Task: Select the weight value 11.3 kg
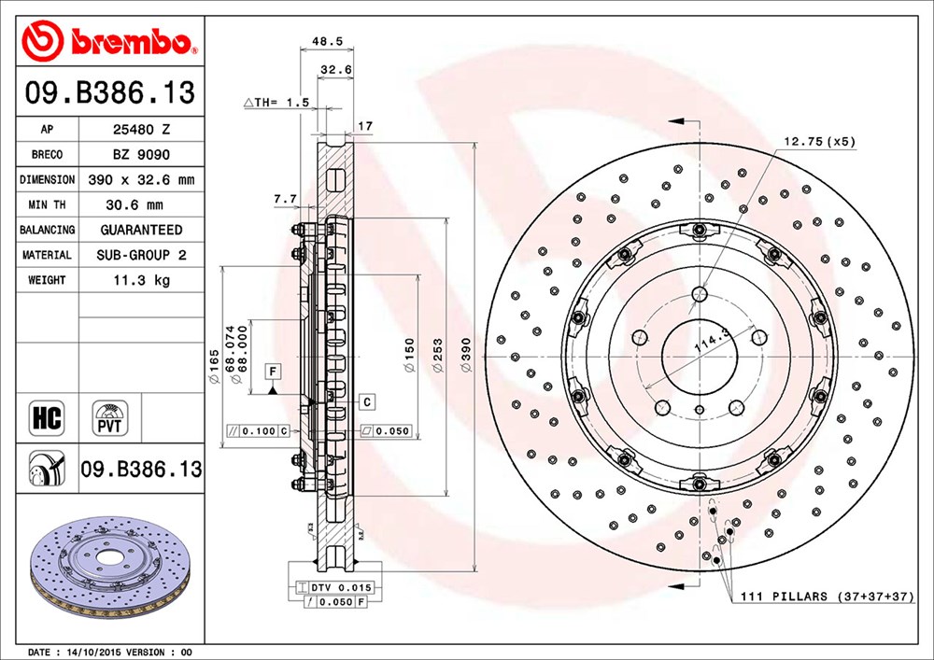pos(142,280)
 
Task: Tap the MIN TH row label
pos(47,204)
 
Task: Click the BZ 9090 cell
pos(142,155)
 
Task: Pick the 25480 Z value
pos(142,129)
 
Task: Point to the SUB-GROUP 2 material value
pos(142,255)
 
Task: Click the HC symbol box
pos(47,417)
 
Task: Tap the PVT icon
pos(109,417)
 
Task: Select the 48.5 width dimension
pos(327,41)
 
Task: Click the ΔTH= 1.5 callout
pos(276,103)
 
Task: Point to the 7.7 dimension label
pos(285,200)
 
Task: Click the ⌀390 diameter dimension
pos(466,356)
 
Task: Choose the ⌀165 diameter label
pos(214,366)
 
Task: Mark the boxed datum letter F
pos(273,372)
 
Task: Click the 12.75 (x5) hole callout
pos(819,142)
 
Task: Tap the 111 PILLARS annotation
pos(827,596)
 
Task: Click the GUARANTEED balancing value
pos(142,230)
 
